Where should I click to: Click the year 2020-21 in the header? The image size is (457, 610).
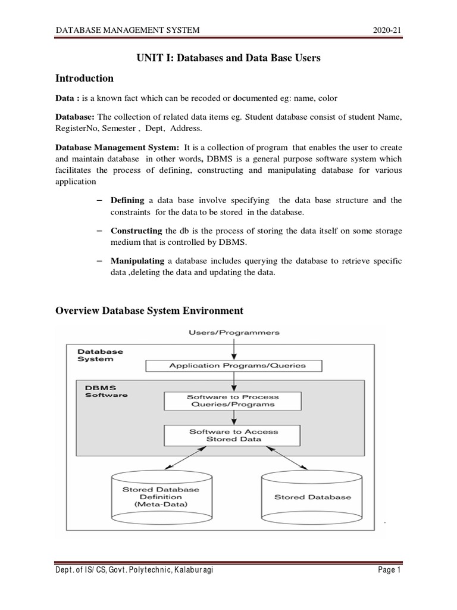(389, 30)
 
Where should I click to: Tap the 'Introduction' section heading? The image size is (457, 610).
(84, 78)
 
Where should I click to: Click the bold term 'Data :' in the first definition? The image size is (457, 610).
(67, 98)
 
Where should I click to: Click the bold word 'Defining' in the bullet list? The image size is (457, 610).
(129, 200)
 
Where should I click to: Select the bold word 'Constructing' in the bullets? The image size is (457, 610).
(136, 231)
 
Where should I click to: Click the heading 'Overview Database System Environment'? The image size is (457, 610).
(149, 310)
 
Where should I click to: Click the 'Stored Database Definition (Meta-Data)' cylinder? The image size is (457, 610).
(161, 496)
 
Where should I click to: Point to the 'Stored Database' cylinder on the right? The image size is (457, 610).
(312, 496)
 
